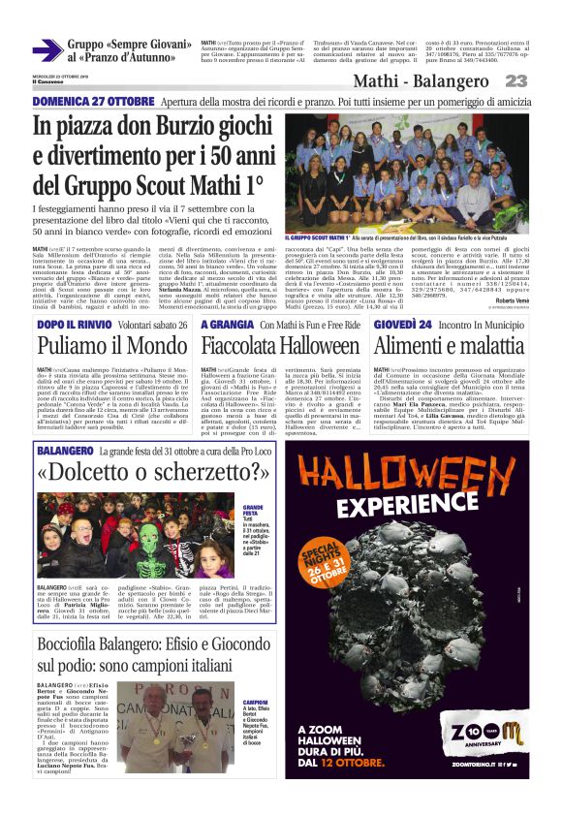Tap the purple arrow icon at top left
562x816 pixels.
click(47, 49)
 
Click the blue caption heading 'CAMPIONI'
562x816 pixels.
click(255, 702)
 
